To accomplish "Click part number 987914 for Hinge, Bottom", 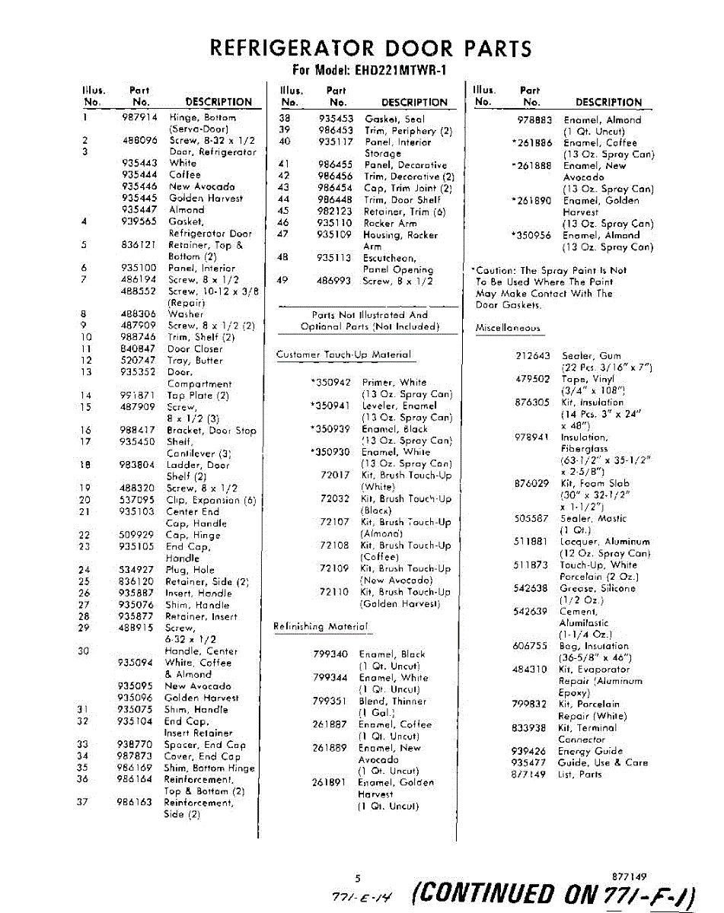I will tap(139, 118).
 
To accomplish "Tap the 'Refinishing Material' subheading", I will tap(321, 627).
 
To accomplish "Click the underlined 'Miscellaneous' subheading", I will tap(508, 329).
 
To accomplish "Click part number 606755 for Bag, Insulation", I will tap(530, 646).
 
